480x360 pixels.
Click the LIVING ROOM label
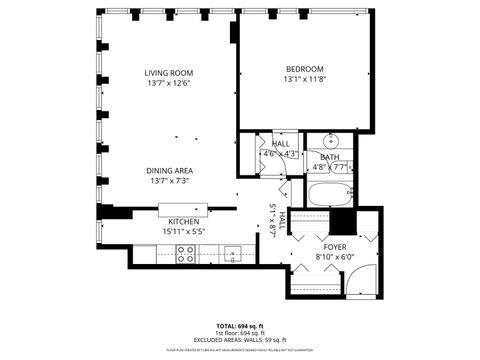point(168,73)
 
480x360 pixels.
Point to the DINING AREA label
point(168,171)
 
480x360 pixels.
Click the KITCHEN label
point(182,222)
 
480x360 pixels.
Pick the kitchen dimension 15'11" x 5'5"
point(182,232)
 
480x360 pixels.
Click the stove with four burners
point(186,256)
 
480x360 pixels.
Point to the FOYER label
point(335,246)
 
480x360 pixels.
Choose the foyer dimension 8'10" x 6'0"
point(335,256)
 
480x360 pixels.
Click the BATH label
point(329,157)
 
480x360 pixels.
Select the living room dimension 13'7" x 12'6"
point(168,83)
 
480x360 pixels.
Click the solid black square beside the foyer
point(344,221)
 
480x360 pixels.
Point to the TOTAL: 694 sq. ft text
point(240,326)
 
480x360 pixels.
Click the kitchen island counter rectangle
point(180,209)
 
